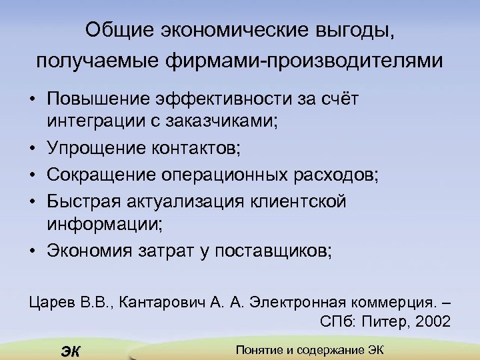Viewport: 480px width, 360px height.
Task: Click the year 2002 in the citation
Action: pos(433,321)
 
